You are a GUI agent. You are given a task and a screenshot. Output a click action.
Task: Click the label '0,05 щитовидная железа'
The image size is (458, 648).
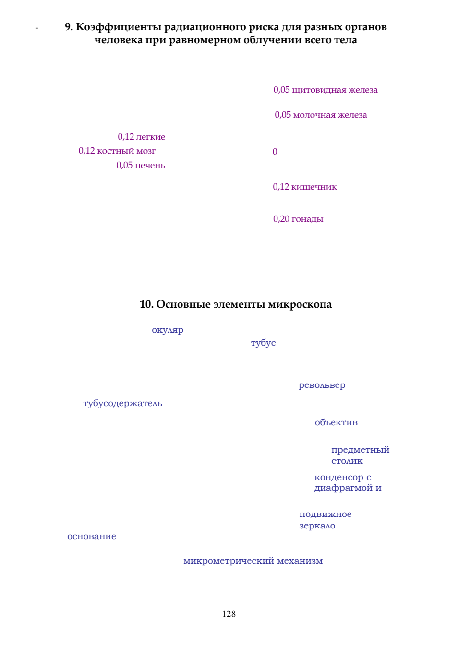[325, 90]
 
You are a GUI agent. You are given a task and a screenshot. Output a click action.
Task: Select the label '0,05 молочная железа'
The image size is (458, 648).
[321, 115]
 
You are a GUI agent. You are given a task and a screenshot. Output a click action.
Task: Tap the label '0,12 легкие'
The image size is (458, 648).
[142, 137]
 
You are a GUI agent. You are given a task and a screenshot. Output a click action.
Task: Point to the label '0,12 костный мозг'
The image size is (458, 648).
[117, 151]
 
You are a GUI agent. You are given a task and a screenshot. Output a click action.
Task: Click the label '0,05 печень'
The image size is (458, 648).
[141, 165]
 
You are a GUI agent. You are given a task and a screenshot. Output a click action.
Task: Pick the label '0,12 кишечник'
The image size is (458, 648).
[305, 187]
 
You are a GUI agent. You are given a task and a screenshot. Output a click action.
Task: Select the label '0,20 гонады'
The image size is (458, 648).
[298, 219]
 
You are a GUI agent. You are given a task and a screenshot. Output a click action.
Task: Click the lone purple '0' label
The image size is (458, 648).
[275, 152]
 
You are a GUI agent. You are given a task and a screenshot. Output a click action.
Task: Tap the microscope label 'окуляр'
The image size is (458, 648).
[168, 330]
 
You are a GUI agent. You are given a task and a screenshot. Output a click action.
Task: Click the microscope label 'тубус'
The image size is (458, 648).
[263, 343]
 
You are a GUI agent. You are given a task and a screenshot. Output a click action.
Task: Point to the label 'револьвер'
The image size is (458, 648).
[322, 385]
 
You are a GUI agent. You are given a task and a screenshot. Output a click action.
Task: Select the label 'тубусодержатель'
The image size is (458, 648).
[123, 403]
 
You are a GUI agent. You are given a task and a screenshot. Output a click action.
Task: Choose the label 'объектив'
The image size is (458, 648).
[336, 422]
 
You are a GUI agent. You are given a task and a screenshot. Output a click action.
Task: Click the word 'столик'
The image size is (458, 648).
[347, 461]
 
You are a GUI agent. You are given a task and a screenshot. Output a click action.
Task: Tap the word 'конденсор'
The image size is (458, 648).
[339, 477]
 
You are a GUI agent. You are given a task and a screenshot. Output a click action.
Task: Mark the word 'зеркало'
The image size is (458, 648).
[317, 526]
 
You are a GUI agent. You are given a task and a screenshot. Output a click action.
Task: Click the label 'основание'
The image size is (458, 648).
[92, 536]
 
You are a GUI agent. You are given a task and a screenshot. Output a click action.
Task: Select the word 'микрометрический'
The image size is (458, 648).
[229, 561]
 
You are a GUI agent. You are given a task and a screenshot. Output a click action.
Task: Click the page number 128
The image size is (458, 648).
[229, 613]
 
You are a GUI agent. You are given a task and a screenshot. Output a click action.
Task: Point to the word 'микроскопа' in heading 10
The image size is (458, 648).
[300, 305]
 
